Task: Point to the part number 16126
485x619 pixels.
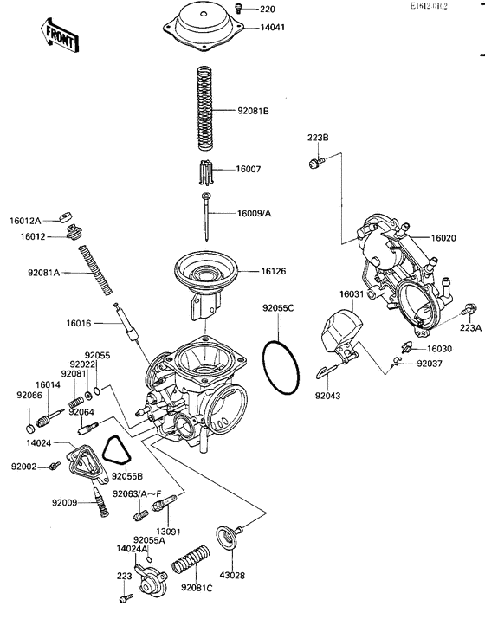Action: pos(275,271)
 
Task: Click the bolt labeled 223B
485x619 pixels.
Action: pos(316,161)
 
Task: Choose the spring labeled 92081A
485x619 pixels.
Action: pos(97,271)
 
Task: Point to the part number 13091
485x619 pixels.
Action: pos(167,531)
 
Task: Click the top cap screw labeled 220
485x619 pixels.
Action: pos(242,10)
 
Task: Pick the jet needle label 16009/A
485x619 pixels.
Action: pos(256,212)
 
